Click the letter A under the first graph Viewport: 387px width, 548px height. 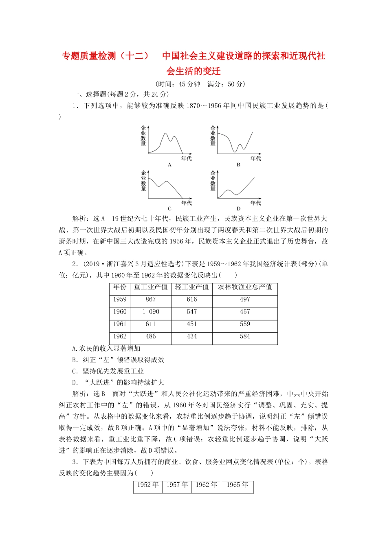coord(169,165)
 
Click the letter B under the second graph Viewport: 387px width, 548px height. coord(238,165)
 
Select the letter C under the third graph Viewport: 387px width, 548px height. coord(169,209)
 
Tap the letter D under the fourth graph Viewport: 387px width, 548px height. coord(238,209)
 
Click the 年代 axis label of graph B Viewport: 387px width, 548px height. coord(255,158)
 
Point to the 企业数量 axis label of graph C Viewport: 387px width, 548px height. coord(143,181)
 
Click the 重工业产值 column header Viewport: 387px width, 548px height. coord(151,287)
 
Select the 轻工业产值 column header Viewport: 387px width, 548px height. coord(192,287)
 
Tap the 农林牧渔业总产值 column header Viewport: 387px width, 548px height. coord(245,287)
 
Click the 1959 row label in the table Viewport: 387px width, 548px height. coord(120,299)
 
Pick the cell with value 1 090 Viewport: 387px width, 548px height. coord(151,312)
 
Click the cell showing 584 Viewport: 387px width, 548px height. coord(245,336)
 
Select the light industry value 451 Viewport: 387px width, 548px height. coord(192,324)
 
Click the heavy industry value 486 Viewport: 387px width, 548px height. coord(151,336)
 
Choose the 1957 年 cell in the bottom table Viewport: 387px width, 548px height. coord(177,485)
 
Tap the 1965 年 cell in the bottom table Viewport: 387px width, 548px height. coord(237,485)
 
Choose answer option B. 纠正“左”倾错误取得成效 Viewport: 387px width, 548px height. coord(118,360)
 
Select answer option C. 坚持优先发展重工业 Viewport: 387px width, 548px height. coord(108,371)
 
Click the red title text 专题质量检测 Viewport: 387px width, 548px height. coord(89,56)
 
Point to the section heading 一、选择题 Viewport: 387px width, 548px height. coord(89,94)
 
